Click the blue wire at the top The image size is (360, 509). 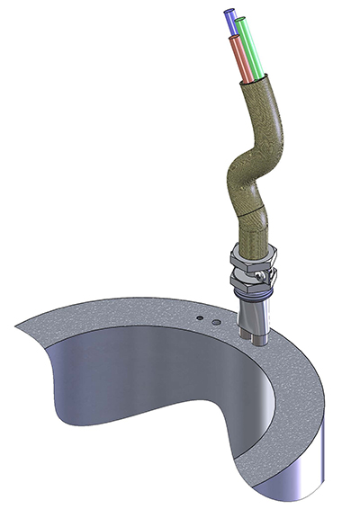click(x=233, y=22)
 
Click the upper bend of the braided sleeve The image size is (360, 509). click(x=274, y=126)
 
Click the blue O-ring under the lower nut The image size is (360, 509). click(x=253, y=295)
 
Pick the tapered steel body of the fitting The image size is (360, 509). click(x=255, y=315)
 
